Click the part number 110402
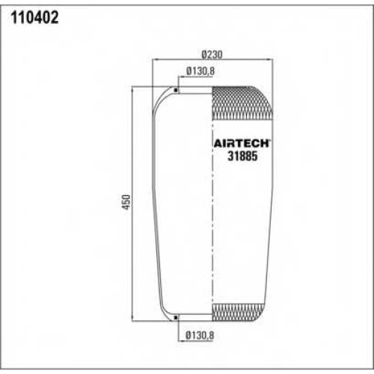click(x=34, y=18)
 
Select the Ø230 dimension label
click(x=212, y=55)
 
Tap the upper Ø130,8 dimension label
click(x=200, y=71)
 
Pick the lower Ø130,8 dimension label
click(x=200, y=335)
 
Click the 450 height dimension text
click(x=126, y=202)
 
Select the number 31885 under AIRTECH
click(x=242, y=156)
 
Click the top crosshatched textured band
click(x=241, y=103)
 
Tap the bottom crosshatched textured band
click(x=237, y=313)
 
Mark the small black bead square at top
click(x=176, y=90)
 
